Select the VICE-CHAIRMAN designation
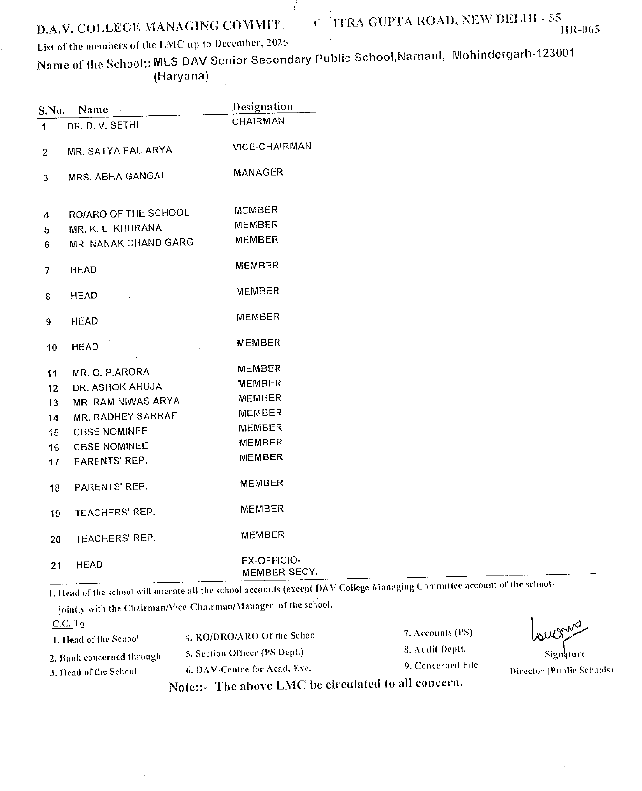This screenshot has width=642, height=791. tap(272, 147)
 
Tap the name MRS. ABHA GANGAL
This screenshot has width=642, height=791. tap(117, 177)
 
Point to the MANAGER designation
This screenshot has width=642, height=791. tap(258, 173)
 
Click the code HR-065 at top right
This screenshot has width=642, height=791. tap(580, 30)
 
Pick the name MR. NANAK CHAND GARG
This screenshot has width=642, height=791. tap(131, 243)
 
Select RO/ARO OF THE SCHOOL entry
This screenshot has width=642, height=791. tap(129, 213)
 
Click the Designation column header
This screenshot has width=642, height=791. tap(262, 107)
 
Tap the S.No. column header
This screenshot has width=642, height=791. tap(51, 111)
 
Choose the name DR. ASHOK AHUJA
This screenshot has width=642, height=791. tap(117, 387)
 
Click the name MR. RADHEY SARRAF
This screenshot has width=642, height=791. tap(125, 417)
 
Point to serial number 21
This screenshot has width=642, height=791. tap(56, 565)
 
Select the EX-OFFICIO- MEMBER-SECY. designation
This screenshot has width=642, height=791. tap(279, 566)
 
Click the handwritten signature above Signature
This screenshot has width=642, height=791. tap(556, 631)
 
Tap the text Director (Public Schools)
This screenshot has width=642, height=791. tap(561, 671)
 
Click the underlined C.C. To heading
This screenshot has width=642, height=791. tap(68, 623)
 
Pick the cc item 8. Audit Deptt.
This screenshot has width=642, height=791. tap(435, 650)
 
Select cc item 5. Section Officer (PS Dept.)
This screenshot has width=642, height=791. tap(244, 653)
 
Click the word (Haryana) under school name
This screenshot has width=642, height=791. tap(181, 77)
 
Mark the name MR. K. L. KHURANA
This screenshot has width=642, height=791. tap(115, 228)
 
